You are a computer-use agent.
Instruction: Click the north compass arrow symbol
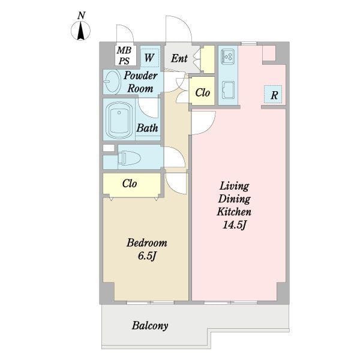click(x=80, y=31)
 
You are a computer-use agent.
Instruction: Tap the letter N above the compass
click(x=81, y=16)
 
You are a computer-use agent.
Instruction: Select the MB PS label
click(x=124, y=55)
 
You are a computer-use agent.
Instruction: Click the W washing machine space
click(x=149, y=58)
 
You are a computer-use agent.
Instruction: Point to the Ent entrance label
click(x=179, y=58)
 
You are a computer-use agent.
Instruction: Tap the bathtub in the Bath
click(x=119, y=121)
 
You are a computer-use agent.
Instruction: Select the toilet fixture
click(x=129, y=157)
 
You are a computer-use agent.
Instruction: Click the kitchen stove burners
click(x=227, y=56)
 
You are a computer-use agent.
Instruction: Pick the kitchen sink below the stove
click(x=228, y=90)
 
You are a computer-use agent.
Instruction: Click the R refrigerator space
click(x=273, y=94)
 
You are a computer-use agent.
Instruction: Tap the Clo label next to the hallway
click(x=203, y=92)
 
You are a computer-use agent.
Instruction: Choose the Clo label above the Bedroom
click(x=130, y=184)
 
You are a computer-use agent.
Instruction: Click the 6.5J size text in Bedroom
click(x=147, y=256)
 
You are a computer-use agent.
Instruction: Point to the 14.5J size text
click(x=234, y=225)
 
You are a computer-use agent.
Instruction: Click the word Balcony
click(x=150, y=326)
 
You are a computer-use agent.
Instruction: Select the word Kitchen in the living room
click(x=234, y=212)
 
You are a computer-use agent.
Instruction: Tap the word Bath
click(x=147, y=128)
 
